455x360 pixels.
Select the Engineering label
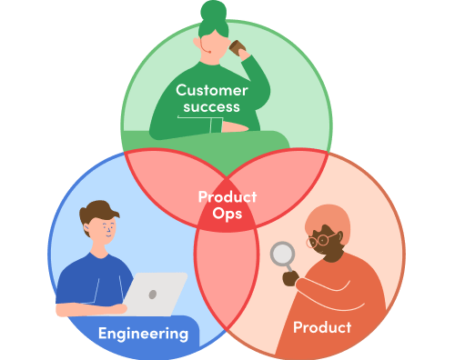143,334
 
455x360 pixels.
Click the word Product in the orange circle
321,326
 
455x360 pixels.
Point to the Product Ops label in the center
227,205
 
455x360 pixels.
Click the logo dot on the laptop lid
153,295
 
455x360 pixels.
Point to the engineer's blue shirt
91,277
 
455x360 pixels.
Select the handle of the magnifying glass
290,271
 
